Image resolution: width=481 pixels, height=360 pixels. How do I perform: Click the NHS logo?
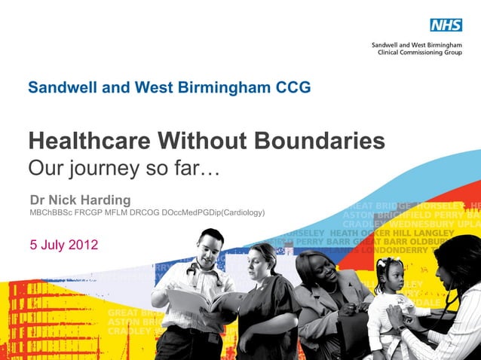point(446,25)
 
